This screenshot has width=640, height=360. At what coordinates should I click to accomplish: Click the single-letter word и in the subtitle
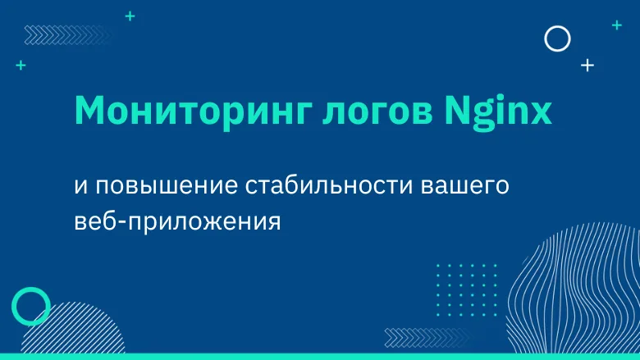click(x=80, y=186)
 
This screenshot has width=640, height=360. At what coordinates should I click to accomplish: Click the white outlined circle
click(x=558, y=38)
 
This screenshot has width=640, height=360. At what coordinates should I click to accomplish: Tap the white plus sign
click(x=587, y=66)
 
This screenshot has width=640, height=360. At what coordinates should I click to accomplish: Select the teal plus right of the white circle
click(x=616, y=25)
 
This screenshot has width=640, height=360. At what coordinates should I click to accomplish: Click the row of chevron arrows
click(x=50, y=34)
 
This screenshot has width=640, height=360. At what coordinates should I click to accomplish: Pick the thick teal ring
click(x=31, y=306)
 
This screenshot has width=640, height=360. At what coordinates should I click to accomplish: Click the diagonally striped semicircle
click(x=57, y=332)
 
